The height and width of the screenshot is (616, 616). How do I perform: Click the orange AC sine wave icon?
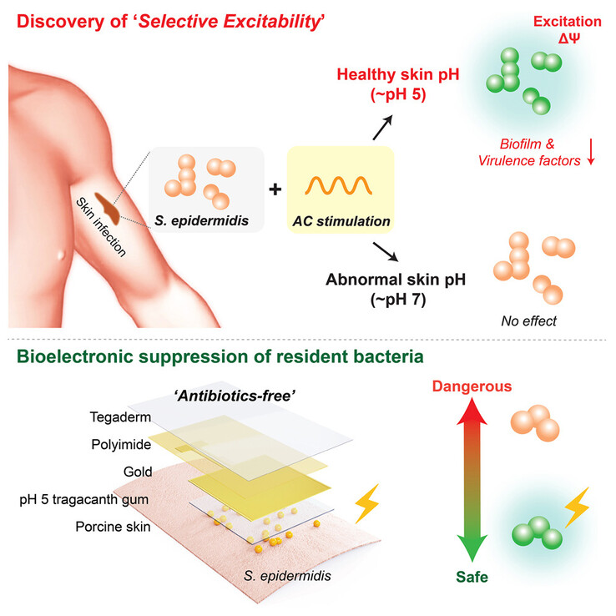(339, 185)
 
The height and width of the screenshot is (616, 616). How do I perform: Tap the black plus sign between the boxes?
(275, 189)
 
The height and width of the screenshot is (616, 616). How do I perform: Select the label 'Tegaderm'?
(120, 417)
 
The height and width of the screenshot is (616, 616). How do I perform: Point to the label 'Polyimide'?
(121, 444)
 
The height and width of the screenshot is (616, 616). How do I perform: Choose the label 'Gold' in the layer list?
(138, 472)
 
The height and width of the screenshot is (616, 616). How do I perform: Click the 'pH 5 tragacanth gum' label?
(84, 499)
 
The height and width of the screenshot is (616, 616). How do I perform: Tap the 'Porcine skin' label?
(113, 527)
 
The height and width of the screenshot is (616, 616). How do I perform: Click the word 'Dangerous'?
(472, 386)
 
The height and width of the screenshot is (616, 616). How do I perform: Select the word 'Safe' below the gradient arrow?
(472, 577)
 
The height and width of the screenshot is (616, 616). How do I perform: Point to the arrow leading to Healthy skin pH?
(382, 128)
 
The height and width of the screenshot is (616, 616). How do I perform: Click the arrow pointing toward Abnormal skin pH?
(386, 252)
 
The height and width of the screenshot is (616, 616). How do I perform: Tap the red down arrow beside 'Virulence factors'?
(591, 152)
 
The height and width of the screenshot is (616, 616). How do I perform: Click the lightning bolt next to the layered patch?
(367, 503)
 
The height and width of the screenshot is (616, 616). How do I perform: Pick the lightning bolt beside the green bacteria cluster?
(577, 507)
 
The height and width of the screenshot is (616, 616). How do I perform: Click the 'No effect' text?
(529, 321)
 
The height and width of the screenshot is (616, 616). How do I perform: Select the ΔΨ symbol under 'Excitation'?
(569, 38)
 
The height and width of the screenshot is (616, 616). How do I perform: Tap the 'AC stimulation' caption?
(341, 221)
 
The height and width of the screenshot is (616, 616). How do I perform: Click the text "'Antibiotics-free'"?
(235, 396)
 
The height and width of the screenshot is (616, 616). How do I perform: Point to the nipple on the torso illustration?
(61, 255)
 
